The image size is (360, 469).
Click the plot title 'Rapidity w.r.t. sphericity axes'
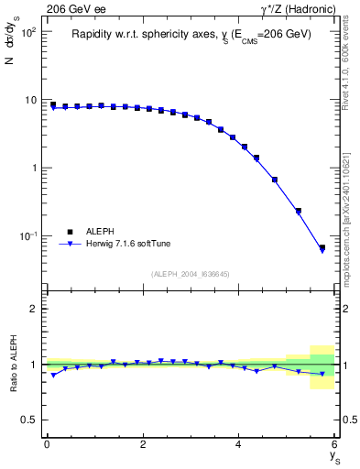(x=191, y=34)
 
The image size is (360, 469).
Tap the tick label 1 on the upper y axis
(x=31, y=168)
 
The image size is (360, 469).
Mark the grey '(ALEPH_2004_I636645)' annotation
(x=190, y=273)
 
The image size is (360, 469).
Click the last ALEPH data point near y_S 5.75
(x=322, y=247)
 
